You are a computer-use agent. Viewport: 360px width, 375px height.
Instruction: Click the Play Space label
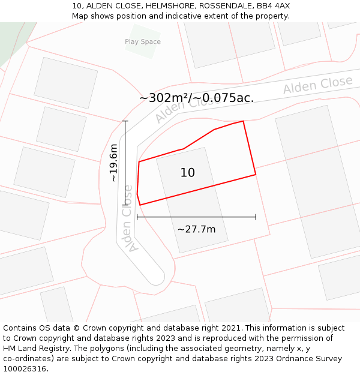[143, 42]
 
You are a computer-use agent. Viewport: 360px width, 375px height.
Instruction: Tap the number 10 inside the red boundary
[188, 173]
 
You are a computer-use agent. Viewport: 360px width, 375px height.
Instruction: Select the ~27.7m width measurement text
[196, 229]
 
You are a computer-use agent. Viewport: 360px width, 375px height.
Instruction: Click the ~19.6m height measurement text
[113, 163]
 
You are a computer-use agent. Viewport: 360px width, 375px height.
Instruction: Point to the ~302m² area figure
[163, 98]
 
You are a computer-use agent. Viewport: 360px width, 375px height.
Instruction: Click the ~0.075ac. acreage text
[228, 98]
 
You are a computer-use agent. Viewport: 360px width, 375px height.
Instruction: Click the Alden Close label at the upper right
[317, 85]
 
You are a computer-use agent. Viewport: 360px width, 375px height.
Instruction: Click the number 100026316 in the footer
[24, 369]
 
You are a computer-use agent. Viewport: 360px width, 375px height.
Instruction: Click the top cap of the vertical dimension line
[125, 121]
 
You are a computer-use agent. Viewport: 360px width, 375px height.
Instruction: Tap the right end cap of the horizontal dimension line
[256, 217]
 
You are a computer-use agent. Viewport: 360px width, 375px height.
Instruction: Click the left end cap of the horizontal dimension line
[137, 217]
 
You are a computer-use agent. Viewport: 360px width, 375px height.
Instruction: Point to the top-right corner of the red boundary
[243, 121]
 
